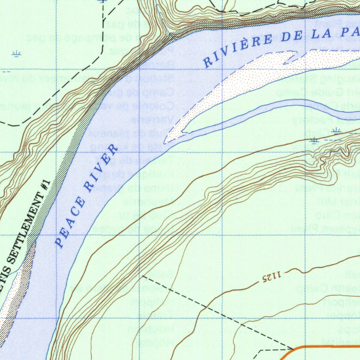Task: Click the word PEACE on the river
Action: pyautogui.click(x=71, y=223)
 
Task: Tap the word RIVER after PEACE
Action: pyautogui.click(x=102, y=168)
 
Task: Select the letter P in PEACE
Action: pyautogui.click(x=59, y=242)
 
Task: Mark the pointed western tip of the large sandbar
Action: pyautogui.click(x=165, y=142)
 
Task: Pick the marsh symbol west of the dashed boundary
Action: pyautogui.click(x=16, y=53)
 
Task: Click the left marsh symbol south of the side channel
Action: pyautogui.click(x=314, y=141)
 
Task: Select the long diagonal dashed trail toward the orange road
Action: pyautogui.click(x=218, y=313)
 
